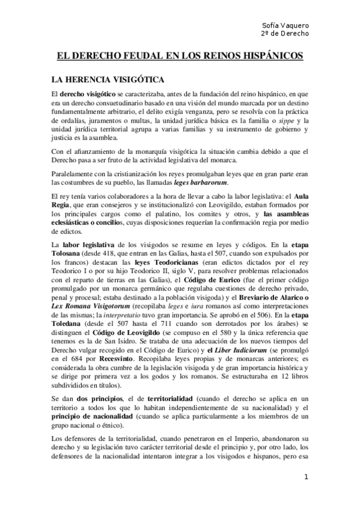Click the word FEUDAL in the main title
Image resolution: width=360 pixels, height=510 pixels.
click(134, 57)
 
